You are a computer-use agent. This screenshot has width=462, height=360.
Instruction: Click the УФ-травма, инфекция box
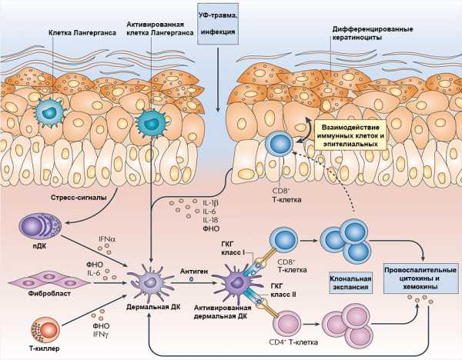coord(217,24)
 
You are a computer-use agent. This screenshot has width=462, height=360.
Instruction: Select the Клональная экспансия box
coord(350,282)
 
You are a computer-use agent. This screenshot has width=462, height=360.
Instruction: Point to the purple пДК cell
coord(40,226)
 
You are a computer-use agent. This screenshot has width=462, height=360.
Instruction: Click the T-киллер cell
coord(45,330)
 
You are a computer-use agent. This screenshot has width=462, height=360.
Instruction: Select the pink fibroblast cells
coord(49,282)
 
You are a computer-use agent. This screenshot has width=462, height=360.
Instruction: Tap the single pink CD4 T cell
coord(286,323)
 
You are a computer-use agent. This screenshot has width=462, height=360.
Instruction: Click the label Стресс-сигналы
coord(79,198)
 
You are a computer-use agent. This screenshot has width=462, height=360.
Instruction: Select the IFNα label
coord(107,239)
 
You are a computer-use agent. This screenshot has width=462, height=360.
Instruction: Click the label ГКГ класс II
coord(283,290)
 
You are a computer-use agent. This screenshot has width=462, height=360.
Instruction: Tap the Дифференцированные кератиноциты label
coord(373,33)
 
